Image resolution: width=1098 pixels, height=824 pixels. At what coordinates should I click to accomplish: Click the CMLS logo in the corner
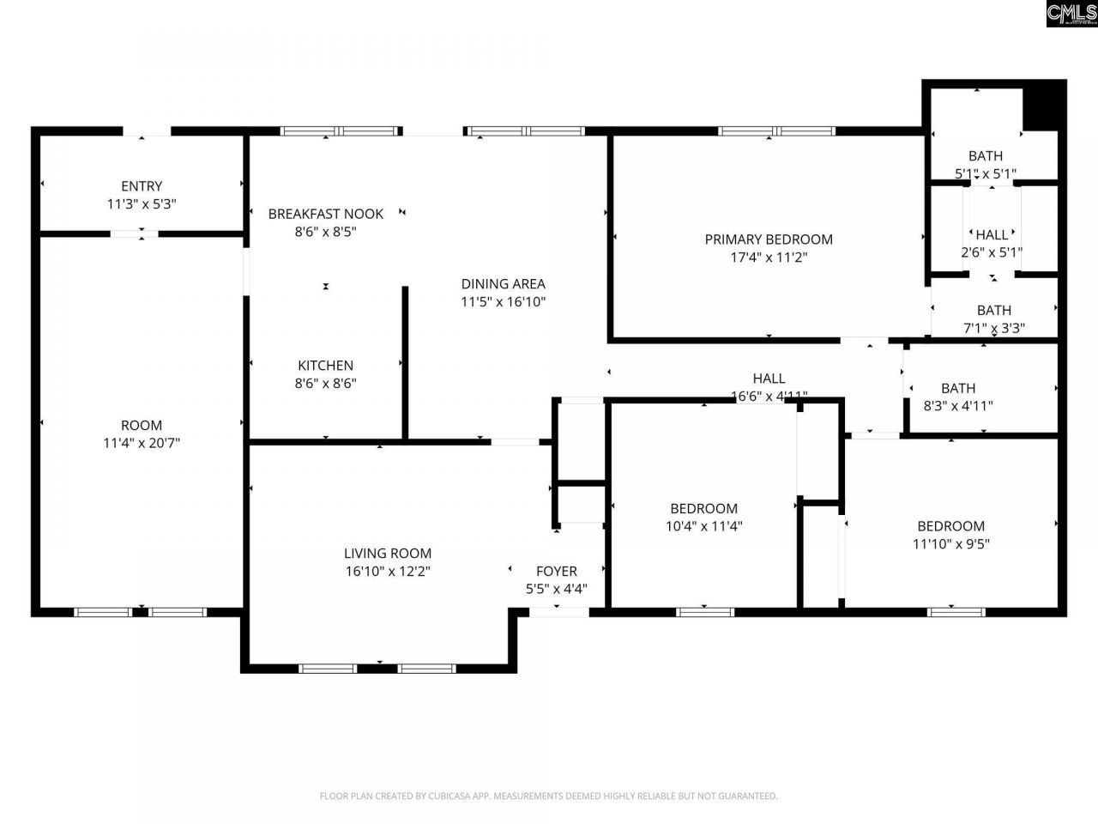pos(1071,14)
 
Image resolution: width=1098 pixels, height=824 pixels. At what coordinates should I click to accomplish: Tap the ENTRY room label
pos(142,186)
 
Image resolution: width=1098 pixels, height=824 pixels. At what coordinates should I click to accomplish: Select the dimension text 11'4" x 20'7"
pos(142,443)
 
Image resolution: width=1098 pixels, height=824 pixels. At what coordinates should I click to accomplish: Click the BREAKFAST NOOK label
pos(325,214)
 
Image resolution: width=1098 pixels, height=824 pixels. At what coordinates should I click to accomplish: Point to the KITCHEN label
pos(325,366)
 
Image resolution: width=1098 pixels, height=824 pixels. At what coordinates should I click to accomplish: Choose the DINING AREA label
pos(503,284)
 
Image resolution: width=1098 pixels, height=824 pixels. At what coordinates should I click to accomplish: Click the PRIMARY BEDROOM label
pos(769,239)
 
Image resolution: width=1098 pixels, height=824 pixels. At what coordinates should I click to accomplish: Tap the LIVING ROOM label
pos(388,554)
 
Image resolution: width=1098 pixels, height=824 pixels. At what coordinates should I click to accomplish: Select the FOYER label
pos(556,571)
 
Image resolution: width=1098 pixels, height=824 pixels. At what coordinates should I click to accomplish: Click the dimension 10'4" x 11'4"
pos(703,526)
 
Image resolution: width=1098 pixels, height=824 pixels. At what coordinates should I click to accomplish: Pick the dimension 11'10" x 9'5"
pos(950,543)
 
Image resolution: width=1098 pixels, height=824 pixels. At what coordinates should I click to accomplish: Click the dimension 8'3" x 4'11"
pos(957,406)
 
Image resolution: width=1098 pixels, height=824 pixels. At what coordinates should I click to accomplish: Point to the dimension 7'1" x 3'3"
pos(993,328)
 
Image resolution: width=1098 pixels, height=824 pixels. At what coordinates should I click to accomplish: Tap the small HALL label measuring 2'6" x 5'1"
pos(992,234)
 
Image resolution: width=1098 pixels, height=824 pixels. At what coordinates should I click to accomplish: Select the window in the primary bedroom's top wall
pos(776,131)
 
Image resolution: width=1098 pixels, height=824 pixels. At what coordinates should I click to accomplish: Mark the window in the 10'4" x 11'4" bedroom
pos(704,612)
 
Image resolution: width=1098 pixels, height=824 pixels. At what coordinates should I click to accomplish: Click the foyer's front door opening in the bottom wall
pos(558,612)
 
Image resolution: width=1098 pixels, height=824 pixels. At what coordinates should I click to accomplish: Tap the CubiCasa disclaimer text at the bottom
pos(549,796)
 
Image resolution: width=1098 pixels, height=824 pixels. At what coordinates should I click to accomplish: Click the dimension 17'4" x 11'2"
pos(769,257)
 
